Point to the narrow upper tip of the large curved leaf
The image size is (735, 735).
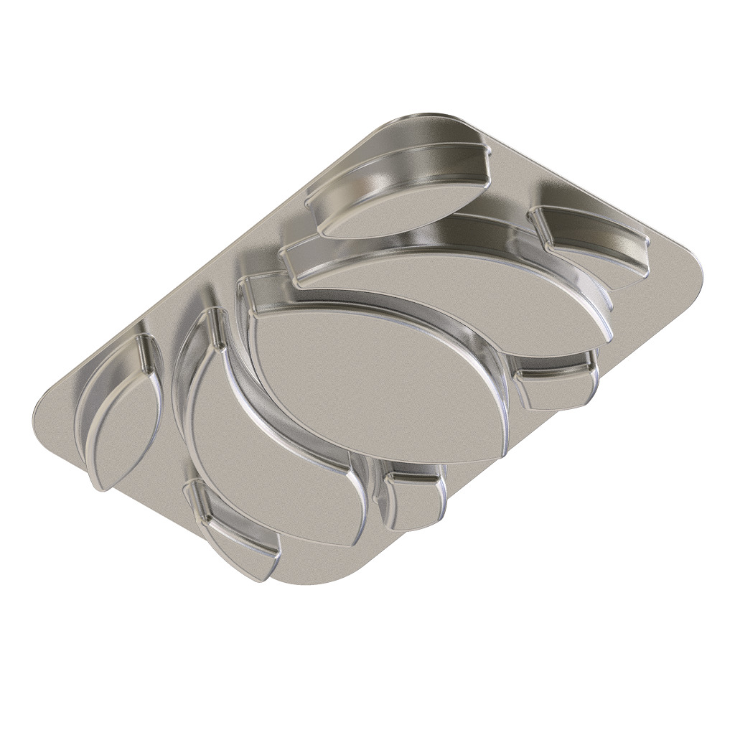click(215, 316)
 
